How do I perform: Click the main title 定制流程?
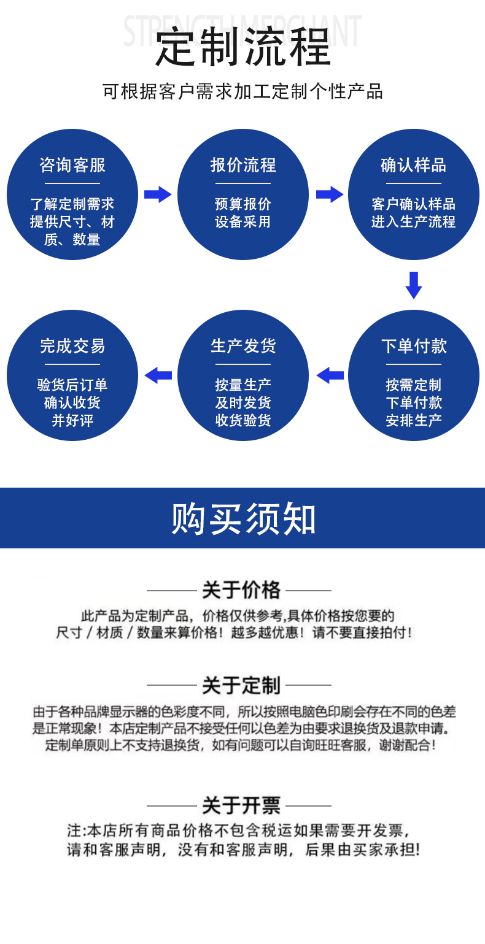pos(243,48)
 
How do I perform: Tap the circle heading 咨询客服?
pos(72,165)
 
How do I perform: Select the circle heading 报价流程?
pos(243,165)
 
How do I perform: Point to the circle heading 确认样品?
pos(413,165)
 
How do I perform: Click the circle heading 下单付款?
pos(413,346)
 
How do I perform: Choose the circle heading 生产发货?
pos(243,346)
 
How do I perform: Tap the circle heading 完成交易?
pos(72,346)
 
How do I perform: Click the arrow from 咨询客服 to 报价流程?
pos(158,194)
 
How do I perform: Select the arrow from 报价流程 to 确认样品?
pos(330,194)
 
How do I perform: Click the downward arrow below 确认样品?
pos(414,285)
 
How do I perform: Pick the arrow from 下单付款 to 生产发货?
pos(330,375)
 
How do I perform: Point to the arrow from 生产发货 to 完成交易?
pos(158,375)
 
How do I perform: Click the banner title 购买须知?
pos(243,519)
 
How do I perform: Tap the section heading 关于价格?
pos(241,590)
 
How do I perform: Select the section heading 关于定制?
pos(241,685)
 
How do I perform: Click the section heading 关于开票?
pos(241,805)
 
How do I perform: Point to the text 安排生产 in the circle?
pos(413,421)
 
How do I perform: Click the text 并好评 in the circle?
pos(72,421)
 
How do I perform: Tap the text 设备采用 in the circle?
pos(243,222)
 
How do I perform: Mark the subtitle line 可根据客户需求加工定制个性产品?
pos(243,92)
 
